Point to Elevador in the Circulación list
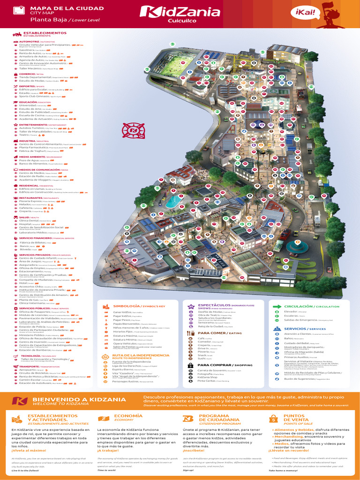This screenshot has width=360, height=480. pyautogui.click(x=291, y=311)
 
